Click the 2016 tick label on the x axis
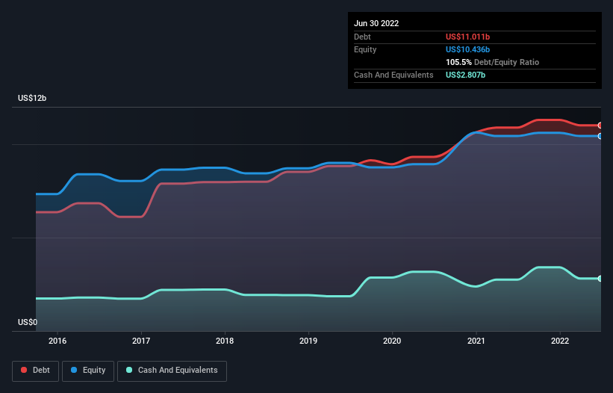[x=57, y=341]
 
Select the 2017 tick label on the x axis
[x=141, y=341]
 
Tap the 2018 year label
[x=225, y=341]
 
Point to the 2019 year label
[x=308, y=341]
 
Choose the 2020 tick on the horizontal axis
[x=392, y=341]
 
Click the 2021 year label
[x=476, y=341]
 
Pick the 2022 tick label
[x=559, y=341]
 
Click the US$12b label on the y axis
[x=34, y=99]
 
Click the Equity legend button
[x=88, y=371]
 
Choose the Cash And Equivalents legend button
[x=172, y=371]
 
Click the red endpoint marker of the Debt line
[x=600, y=126]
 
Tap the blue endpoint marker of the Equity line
[x=600, y=136]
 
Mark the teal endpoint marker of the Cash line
[x=600, y=279]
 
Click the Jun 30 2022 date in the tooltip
[x=376, y=23]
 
